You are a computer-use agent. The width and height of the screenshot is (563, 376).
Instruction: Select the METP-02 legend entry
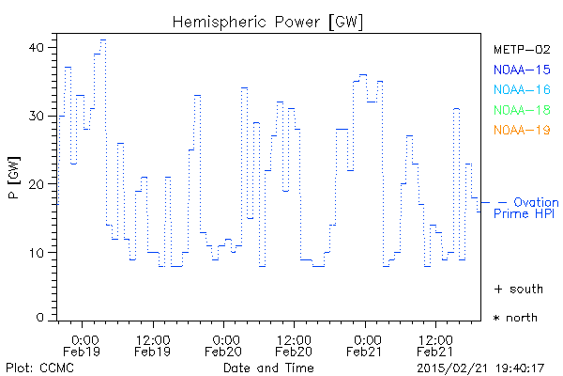click(x=522, y=49)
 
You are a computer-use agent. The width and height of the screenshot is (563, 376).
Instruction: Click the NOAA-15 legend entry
click(x=522, y=70)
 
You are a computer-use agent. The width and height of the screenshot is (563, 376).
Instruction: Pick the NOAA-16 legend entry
click(x=522, y=89)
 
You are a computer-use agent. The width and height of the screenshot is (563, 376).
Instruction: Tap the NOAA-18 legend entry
click(x=522, y=110)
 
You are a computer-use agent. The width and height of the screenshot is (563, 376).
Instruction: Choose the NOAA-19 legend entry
click(x=522, y=130)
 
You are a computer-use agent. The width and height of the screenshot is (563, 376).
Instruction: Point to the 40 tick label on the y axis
click(x=38, y=47)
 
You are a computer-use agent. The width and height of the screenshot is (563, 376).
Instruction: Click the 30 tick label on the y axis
click(x=38, y=116)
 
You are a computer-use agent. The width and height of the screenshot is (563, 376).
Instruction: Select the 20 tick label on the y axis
click(x=38, y=184)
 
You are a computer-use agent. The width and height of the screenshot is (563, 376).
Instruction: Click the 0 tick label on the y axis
click(x=41, y=318)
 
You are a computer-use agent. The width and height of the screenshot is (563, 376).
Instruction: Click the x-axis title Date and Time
click(x=268, y=368)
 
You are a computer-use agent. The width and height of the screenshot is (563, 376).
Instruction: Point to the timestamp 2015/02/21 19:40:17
click(x=481, y=368)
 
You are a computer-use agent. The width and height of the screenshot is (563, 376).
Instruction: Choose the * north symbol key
click(x=515, y=318)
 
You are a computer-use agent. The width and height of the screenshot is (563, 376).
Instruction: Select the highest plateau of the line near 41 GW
click(x=103, y=40)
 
